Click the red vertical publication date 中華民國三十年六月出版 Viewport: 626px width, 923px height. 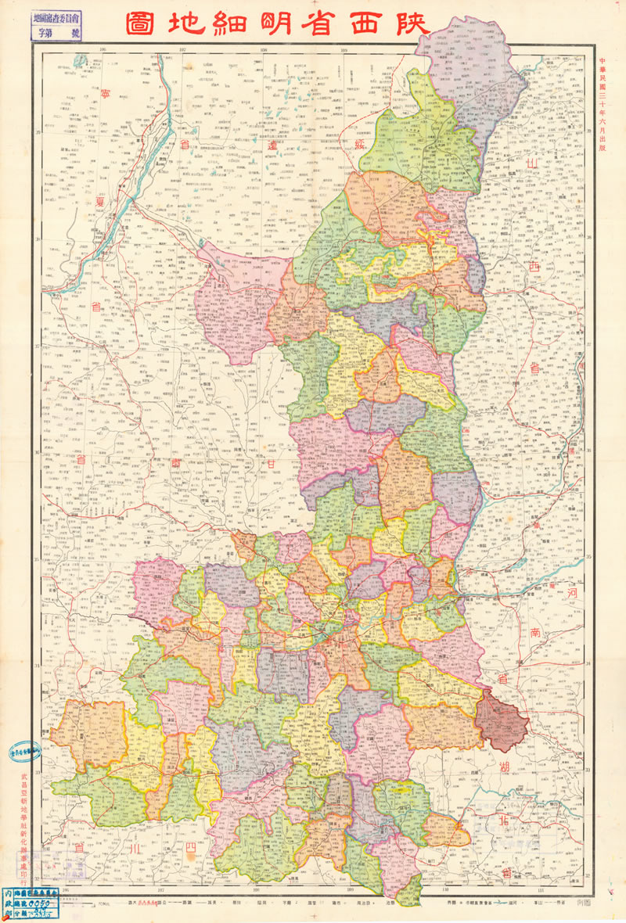(x=602, y=109)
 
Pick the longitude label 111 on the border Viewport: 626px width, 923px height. (x=541, y=889)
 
